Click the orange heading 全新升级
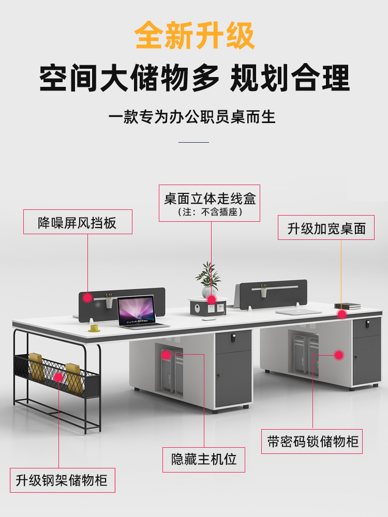point(195,35)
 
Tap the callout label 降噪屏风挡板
point(78,222)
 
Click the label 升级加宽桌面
point(326,228)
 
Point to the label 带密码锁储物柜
point(312,442)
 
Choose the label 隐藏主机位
point(204,459)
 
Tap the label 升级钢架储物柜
point(62,480)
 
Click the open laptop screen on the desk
point(136,310)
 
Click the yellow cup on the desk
point(94,327)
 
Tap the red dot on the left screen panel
point(88,297)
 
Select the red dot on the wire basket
point(58,377)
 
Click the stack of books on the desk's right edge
point(347,306)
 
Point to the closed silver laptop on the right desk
point(299,312)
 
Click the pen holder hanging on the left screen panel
point(109,301)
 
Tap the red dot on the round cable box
point(211,299)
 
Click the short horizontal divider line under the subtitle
point(193,142)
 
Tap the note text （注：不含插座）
point(210,212)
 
